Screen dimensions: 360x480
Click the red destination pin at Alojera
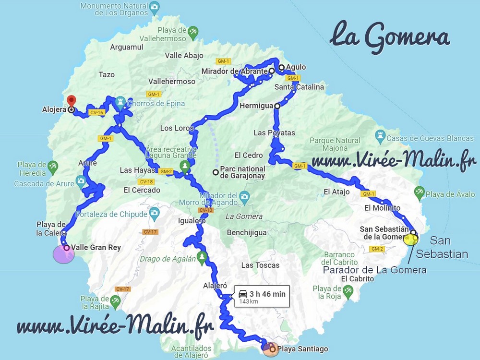tap(71, 100)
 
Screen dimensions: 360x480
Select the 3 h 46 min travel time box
tap(262, 297)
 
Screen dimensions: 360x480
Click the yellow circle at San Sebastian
tap(411, 240)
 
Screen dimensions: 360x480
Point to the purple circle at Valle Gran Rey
tap(63, 254)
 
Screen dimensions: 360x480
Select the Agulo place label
tap(296, 67)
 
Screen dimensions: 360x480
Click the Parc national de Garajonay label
tap(242, 172)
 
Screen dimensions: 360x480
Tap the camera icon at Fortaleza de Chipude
tap(154, 212)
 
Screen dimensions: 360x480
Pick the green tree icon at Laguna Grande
tap(184, 166)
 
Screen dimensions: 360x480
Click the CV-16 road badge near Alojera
tap(96, 113)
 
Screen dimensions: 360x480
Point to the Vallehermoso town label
tap(172, 82)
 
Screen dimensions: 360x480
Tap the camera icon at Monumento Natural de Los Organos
tap(155, 7)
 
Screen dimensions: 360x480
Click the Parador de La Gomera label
tap(374, 270)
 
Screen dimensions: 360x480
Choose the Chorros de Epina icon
tap(120, 102)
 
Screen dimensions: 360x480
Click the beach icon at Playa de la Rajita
tap(114, 301)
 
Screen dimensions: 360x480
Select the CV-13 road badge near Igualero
tap(205, 210)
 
